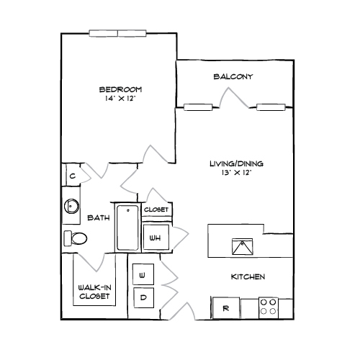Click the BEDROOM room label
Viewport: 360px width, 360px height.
pos(120,89)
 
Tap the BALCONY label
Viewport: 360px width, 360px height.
pos(233,76)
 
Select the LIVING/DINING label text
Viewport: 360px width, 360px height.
pos(236,163)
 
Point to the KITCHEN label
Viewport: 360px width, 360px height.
pos(248,276)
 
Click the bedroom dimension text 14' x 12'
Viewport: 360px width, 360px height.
pos(120,99)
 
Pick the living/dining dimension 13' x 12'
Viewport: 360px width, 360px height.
pos(236,173)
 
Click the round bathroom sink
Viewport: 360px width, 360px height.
pos(71,206)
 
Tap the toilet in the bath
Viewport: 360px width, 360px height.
pos(76,238)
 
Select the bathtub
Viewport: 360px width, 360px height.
pos(127,228)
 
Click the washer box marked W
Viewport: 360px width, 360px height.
pos(143,274)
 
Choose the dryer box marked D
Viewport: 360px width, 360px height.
pos(143,297)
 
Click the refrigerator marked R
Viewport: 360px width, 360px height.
pos(226,308)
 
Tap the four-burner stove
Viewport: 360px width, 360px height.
pos(269,308)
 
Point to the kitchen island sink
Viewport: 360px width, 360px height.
pos(243,246)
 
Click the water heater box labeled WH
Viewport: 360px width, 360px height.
pos(156,238)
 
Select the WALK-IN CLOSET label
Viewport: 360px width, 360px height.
pos(94,292)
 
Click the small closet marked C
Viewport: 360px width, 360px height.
pos(73,176)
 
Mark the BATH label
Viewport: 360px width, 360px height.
pos(99,217)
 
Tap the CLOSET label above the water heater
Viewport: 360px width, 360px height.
pos(156,210)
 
